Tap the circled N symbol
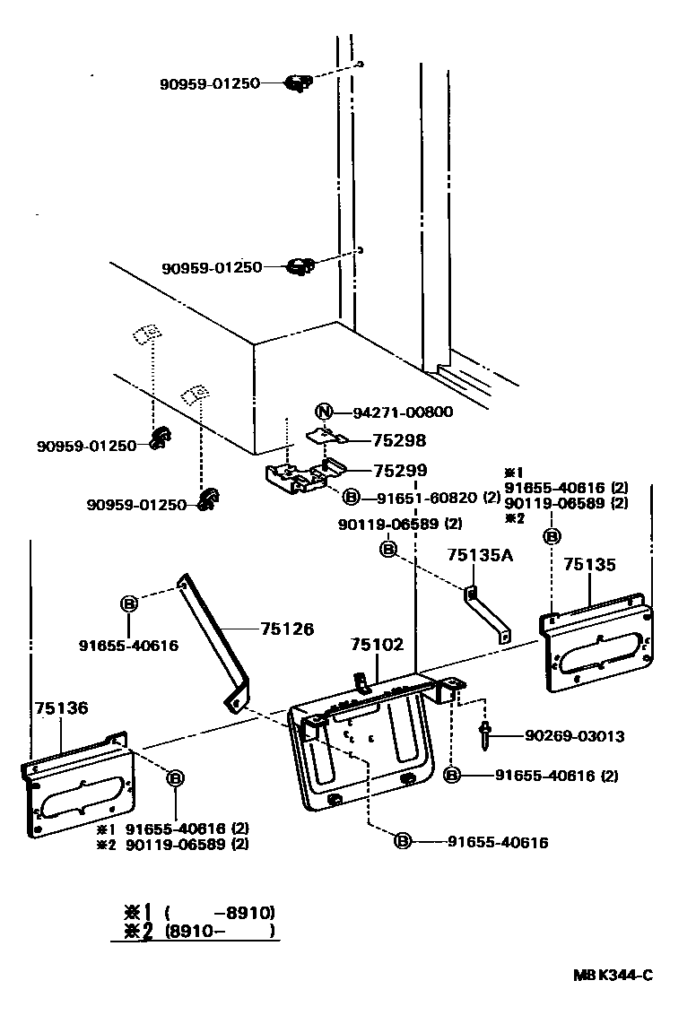[325, 412]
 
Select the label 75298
[399, 441]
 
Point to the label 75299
[399, 470]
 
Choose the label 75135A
[480, 556]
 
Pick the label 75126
[288, 629]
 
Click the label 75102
[377, 645]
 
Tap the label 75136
[61, 708]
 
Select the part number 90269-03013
[574, 736]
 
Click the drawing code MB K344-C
[613, 976]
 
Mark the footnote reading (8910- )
[220, 931]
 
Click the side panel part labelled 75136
[79, 789]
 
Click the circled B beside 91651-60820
[352, 497]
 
